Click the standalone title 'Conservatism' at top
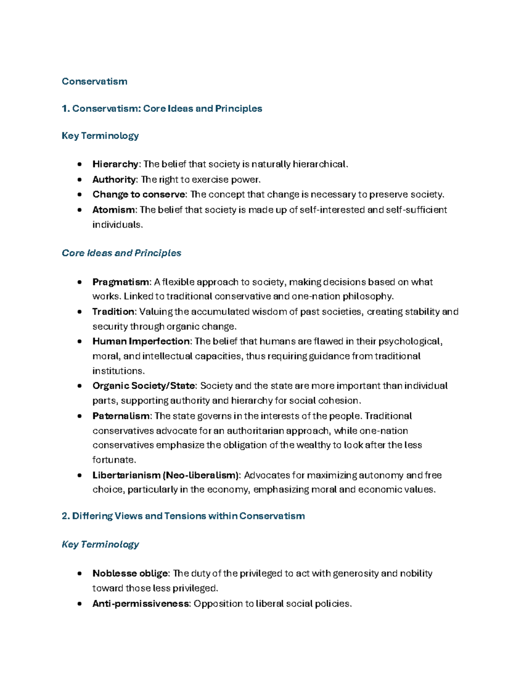(94, 81)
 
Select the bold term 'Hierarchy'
(115, 164)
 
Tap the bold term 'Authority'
(114, 180)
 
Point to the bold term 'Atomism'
(114, 210)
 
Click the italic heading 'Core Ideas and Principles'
(121, 253)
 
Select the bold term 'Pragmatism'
(121, 282)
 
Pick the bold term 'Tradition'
(114, 312)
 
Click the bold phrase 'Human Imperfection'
(141, 341)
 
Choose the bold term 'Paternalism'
(121, 416)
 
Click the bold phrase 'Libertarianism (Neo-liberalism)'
(166, 475)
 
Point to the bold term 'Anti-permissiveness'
(141, 604)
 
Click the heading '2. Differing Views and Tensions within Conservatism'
(183, 516)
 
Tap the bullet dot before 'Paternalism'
(79, 416)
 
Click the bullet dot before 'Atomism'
(79, 210)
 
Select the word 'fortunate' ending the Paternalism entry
(114, 460)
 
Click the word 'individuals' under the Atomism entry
(117, 225)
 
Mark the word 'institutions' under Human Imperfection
(117, 371)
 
